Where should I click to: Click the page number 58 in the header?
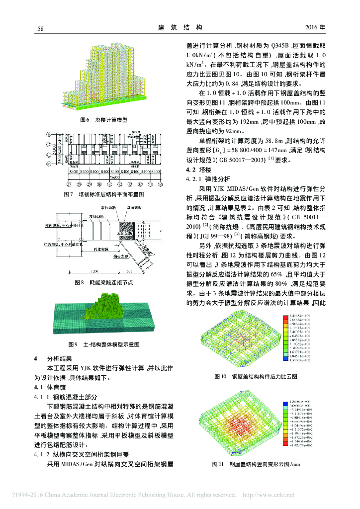[x=41, y=29]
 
